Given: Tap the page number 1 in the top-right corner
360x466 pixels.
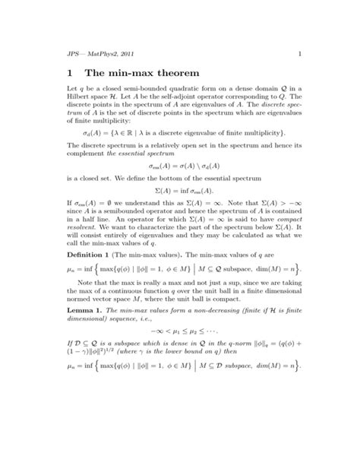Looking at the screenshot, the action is [301, 52].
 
